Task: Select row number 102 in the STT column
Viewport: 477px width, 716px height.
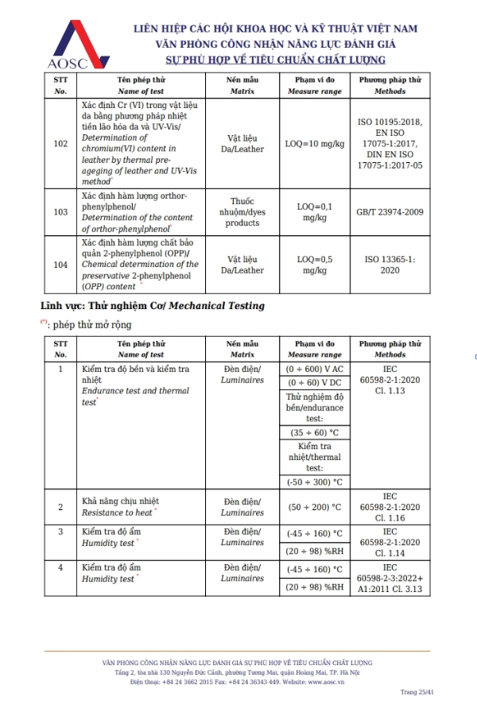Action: pyautogui.click(x=60, y=144)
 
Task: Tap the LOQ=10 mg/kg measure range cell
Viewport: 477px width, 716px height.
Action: pyautogui.click(x=314, y=144)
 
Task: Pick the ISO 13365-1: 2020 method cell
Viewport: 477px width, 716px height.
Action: pyautogui.click(x=390, y=265)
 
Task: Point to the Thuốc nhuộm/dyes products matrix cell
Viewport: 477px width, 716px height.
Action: pyautogui.click(x=242, y=212)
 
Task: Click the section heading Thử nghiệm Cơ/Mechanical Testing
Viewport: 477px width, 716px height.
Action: pyautogui.click(x=153, y=306)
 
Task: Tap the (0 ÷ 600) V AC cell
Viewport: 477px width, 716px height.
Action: pyautogui.click(x=314, y=370)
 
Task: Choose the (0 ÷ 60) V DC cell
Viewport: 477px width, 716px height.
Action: pyautogui.click(x=314, y=384)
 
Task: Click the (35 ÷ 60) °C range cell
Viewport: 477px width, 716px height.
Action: pyautogui.click(x=314, y=433)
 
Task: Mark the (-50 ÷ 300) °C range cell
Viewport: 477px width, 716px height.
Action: pyautogui.click(x=314, y=482)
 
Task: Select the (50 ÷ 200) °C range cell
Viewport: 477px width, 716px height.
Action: pyautogui.click(x=314, y=507)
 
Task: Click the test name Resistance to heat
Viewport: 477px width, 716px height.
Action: pyautogui.click(x=118, y=513)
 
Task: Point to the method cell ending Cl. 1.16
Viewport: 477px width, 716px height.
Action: pyautogui.click(x=390, y=507)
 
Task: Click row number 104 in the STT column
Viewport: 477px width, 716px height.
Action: pyautogui.click(x=60, y=265)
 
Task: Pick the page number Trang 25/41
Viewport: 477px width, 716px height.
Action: pyautogui.click(x=417, y=692)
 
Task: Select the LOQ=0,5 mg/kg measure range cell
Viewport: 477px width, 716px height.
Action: pyautogui.click(x=314, y=265)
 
